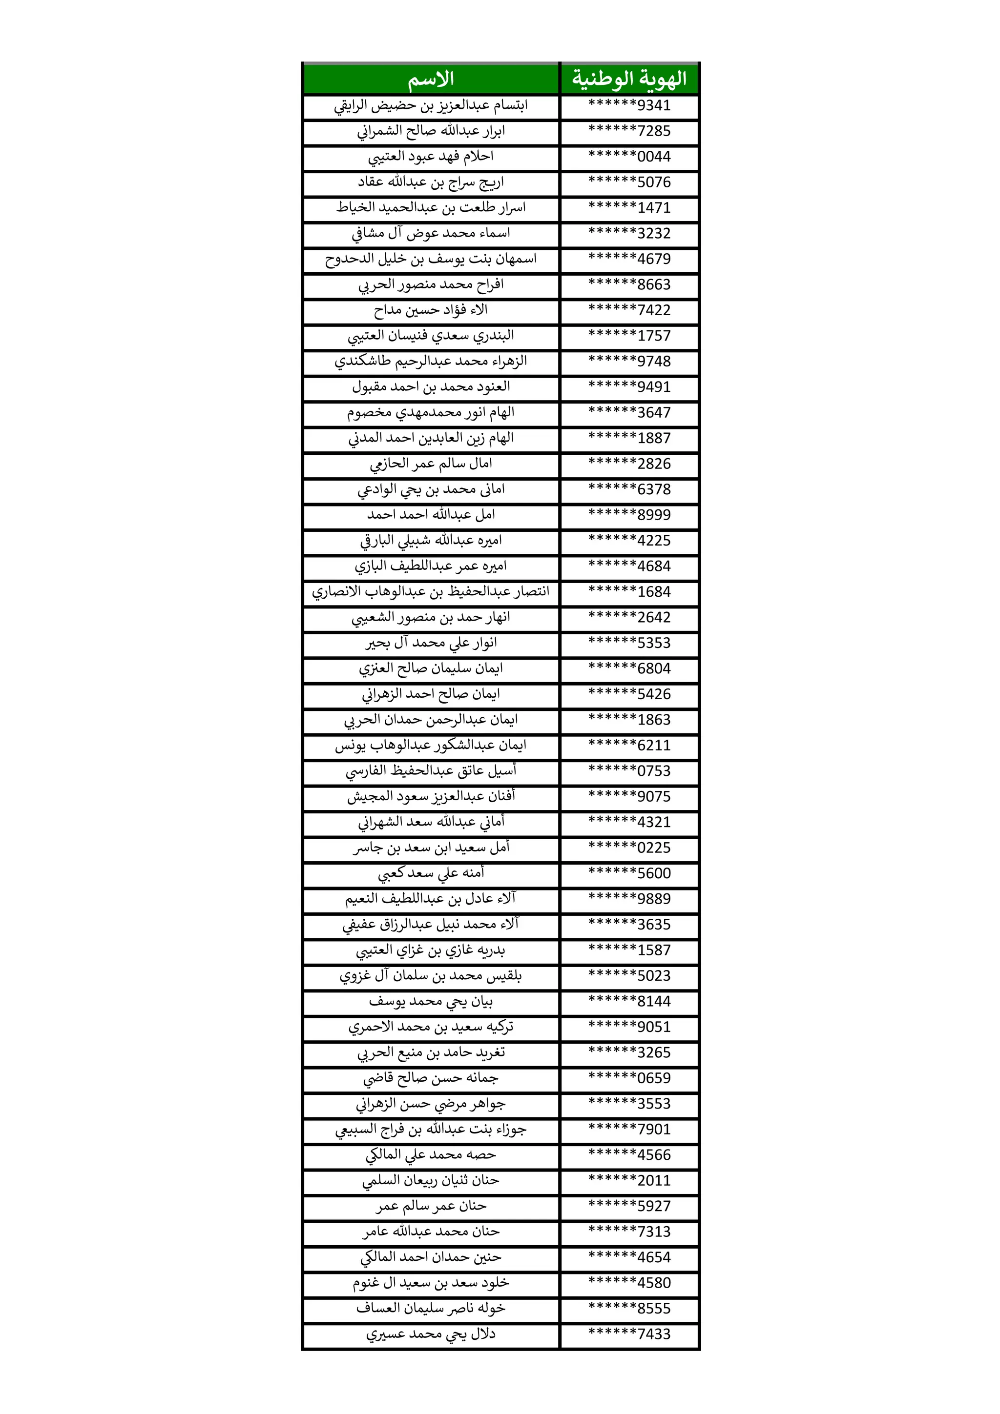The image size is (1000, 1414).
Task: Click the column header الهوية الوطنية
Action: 629,79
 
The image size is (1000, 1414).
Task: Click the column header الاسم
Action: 431,79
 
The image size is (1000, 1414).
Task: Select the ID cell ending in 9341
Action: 629,105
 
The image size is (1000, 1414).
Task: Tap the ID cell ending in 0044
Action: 629,157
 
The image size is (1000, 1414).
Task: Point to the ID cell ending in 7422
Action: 629,310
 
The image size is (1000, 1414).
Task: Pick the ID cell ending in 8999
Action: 629,514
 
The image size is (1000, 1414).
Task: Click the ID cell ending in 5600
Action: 629,873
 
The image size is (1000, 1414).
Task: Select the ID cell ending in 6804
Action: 629,668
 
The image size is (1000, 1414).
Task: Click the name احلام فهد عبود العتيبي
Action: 431,157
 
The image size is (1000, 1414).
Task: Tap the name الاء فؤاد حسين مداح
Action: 431,310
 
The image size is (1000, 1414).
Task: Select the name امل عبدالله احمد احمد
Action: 431,514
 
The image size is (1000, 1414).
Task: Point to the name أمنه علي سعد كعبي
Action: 431,873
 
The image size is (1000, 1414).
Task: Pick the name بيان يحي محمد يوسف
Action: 431,1001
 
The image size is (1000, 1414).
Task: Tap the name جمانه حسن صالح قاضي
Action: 431,1078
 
